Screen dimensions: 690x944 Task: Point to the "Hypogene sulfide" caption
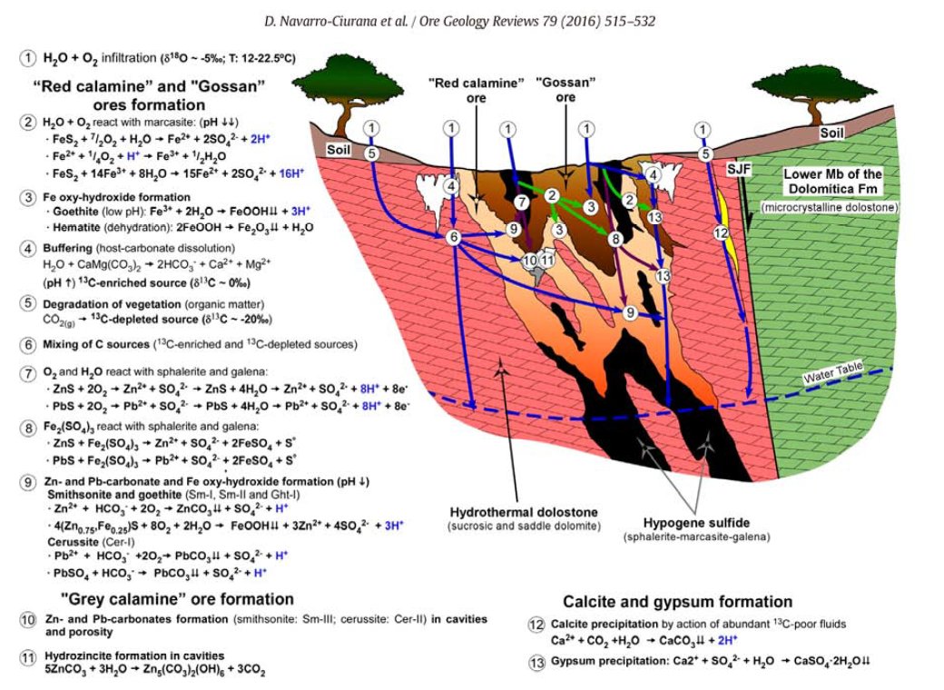coord(678,524)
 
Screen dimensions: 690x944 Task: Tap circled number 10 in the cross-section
coord(530,261)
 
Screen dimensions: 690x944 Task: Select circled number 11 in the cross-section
coord(547,261)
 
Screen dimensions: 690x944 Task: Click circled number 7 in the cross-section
coord(520,201)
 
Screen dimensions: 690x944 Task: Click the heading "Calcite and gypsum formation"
coord(677,602)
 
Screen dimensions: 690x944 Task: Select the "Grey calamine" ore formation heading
coord(175,599)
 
